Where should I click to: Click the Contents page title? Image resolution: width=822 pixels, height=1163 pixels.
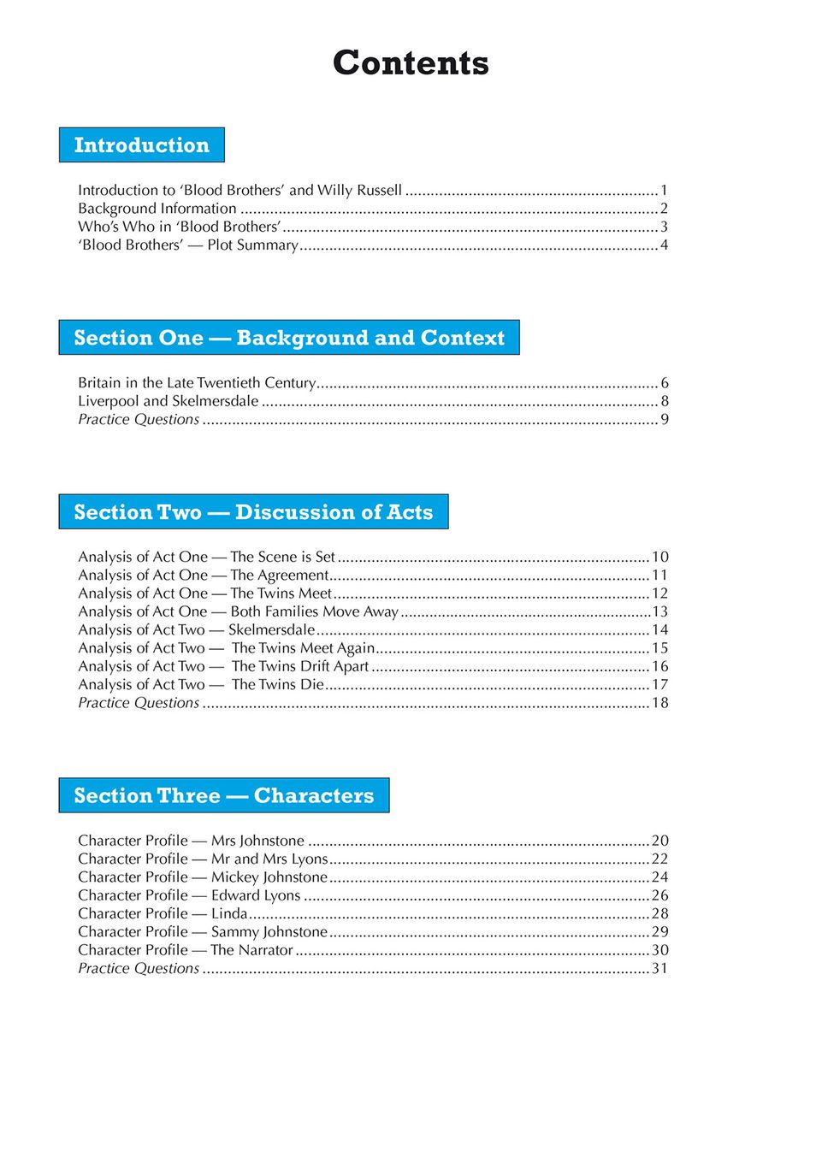pos(411,62)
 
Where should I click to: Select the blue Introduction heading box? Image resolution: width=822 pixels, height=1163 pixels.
pos(142,145)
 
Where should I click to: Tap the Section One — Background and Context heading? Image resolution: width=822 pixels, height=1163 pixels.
pos(289,338)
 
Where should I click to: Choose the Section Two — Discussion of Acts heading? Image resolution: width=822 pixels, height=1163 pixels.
pos(253,512)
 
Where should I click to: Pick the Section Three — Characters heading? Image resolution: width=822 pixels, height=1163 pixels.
pos(224,796)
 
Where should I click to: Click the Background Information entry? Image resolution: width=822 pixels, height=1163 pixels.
pos(157,209)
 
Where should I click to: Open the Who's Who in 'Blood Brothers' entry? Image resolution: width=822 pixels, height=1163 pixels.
pos(180,227)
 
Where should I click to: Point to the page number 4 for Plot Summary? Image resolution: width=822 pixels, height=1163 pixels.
pos(664,245)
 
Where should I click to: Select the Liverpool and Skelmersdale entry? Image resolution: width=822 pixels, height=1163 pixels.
pos(169,401)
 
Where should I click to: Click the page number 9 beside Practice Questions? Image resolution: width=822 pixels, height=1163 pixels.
pos(665,420)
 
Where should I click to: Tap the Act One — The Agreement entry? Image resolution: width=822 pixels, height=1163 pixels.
pos(204,576)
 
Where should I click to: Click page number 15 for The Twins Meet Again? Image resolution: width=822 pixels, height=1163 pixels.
pos(660,648)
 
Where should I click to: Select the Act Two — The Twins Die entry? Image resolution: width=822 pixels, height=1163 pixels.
pos(201,685)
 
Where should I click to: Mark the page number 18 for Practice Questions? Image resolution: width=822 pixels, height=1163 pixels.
pos(660,703)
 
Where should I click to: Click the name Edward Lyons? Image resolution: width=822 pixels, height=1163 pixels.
pos(256,895)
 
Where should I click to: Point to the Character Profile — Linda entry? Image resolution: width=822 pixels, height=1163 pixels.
pos(163,914)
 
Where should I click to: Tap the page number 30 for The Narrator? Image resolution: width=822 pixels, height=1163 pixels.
pos(660,950)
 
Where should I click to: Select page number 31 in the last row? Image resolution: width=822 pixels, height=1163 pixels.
pos(659,969)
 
